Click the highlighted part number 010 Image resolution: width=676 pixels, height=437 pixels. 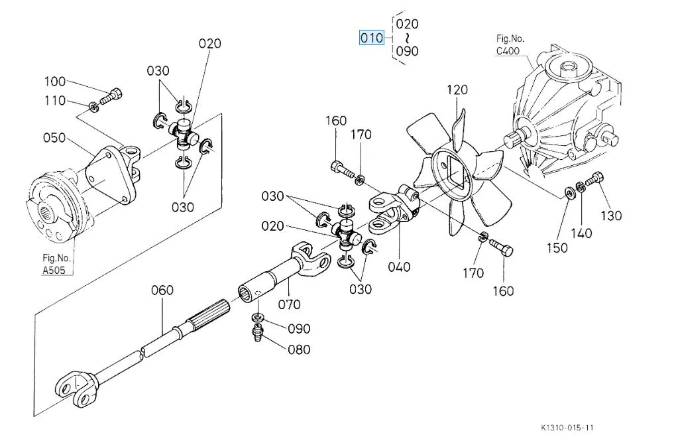[x=372, y=38]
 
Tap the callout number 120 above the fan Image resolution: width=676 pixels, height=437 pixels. [x=457, y=90]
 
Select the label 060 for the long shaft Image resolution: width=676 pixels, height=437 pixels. [x=162, y=290]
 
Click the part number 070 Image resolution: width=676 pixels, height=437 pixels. [x=290, y=304]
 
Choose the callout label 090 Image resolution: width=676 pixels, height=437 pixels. [x=299, y=328]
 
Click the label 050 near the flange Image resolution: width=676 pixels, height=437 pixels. [x=54, y=138]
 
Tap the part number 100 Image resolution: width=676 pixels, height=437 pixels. [x=55, y=82]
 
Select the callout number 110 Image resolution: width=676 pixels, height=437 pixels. [x=55, y=101]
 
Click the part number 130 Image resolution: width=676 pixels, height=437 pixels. [x=612, y=216]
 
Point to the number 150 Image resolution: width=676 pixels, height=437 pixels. [x=557, y=247]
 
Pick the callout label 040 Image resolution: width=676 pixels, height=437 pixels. [x=399, y=267]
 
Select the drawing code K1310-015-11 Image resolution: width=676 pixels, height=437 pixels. [x=567, y=428]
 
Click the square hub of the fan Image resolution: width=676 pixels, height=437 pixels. [x=453, y=167]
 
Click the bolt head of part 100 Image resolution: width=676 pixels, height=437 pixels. [x=117, y=94]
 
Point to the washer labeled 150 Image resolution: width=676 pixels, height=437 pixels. [x=569, y=193]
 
